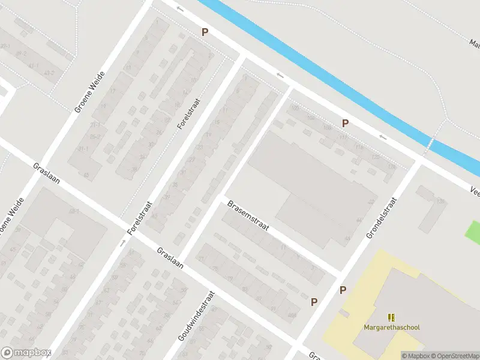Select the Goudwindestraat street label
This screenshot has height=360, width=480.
[x=196, y=325]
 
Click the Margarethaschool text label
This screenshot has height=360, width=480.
[x=392, y=327]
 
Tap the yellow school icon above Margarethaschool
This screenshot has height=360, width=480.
[x=392, y=317]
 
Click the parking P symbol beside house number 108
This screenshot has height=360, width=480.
[x=345, y=123]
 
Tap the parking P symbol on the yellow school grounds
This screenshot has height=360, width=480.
[x=343, y=290]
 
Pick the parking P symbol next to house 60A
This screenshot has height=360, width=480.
[x=314, y=302]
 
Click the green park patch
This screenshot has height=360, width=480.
[x=473, y=232]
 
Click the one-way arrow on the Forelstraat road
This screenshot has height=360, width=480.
[x=122, y=243]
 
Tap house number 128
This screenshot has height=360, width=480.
[x=441, y=201]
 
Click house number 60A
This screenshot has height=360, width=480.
[x=292, y=315]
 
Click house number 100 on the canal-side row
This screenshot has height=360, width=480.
[x=294, y=108]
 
